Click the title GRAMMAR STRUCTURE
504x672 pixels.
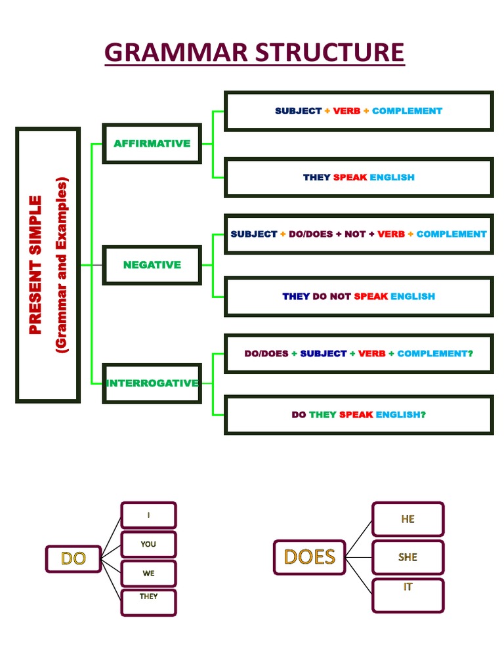pyautogui.click(x=255, y=52)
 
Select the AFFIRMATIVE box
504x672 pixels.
pyautogui.click(x=152, y=143)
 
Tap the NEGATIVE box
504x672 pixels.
pyautogui.click(x=152, y=264)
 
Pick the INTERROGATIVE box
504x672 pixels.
pyautogui.click(x=152, y=383)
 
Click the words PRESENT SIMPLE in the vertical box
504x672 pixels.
pyautogui.click(x=35, y=264)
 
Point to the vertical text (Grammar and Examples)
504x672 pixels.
pyautogui.click(x=62, y=264)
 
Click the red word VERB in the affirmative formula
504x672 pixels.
pyautogui.click(x=346, y=111)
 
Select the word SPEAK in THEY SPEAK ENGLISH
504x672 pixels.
pyautogui.click(x=350, y=177)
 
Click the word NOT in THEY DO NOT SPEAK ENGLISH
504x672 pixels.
pyautogui.click(x=340, y=296)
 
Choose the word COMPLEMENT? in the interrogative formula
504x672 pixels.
pyautogui.click(x=434, y=353)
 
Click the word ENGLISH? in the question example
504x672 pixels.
pyautogui.click(x=400, y=415)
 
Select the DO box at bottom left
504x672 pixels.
pyautogui.click(x=73, y=558)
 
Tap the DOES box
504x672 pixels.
pyautogui.click(x=309, y=557)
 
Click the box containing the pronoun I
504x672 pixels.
pyautogui.click(x=148, y=515)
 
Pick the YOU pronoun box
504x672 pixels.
pyautogui.click(x=148, y=544)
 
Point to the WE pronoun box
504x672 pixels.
pyautogui.click(x=148, y=573)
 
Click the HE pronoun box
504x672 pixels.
pyautogui.click(x=408, y=519)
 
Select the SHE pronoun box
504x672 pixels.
pyautogui.click(x=408, y=557)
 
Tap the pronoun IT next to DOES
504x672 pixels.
pyautogui.click(x=408, y=587)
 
